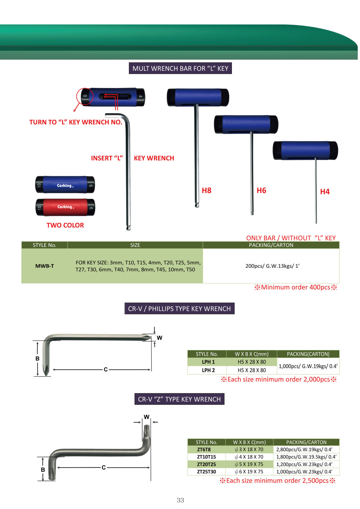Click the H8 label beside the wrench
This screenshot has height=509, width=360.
[206, 191]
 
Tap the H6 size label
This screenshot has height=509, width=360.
[261, 191]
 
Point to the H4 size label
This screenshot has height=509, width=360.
[325, 192]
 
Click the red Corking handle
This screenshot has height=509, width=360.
[65, 207]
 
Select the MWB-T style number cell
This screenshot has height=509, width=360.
[44, 266]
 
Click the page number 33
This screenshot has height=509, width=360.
[180, 500]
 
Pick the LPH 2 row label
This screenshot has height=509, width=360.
[208, 370]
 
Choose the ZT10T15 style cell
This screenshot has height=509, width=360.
[206, 457]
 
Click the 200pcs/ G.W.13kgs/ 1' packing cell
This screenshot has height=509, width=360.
[272, 266]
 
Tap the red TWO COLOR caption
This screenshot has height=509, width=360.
[65, 225]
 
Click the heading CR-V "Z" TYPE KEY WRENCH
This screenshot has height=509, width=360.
[179, 399]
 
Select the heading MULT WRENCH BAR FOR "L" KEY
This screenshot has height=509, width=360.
[180, 68]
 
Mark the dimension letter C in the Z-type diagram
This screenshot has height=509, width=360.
[104, 467]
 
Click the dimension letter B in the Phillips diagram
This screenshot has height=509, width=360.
[37, 359]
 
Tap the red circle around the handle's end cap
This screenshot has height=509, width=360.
[85, 96]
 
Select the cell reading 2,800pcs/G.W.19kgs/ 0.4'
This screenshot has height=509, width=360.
[304, 449]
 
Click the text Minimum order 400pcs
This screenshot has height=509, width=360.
[296, 287]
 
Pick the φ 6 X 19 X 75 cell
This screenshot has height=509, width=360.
[249, 472]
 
